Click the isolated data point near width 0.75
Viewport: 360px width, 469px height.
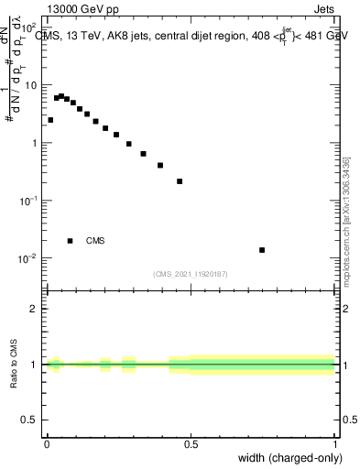point(262,250)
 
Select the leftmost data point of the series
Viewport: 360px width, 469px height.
point(50,120)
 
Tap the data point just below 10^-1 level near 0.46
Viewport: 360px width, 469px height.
point(180,181)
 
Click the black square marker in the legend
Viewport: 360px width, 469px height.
point(71,241)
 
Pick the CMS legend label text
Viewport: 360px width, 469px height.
point(95,241)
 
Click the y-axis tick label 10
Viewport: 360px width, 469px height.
point(32,85)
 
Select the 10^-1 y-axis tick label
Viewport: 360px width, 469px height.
point(29,201)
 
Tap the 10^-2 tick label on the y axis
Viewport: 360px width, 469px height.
point(29,258)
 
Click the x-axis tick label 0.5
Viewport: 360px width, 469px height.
point(191,444)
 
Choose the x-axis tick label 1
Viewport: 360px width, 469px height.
point(335,444)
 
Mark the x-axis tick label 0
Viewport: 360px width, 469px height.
point(47,444)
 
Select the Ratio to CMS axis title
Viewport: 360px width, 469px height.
point(15,365)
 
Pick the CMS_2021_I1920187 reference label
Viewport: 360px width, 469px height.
point(190,273)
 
